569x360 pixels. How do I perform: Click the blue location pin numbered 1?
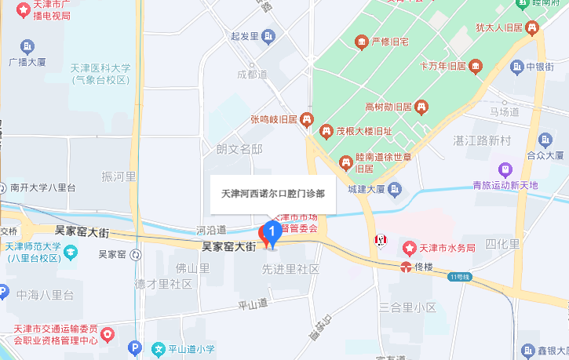click(272, 233)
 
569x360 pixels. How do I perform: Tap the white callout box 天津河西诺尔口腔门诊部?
click(273, 192)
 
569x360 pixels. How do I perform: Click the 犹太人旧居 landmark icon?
click(533, 28)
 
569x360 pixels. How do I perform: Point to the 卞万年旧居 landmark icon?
click(476, 66)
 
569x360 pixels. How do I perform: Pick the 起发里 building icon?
click(269, 36)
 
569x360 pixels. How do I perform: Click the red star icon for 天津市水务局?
click(410, 249)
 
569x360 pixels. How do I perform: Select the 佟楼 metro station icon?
click(405, 267)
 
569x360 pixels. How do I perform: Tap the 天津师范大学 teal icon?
click(71, 252)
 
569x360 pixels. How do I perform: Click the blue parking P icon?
click(135, 347)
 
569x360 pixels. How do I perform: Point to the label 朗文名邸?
click(239, 148)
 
